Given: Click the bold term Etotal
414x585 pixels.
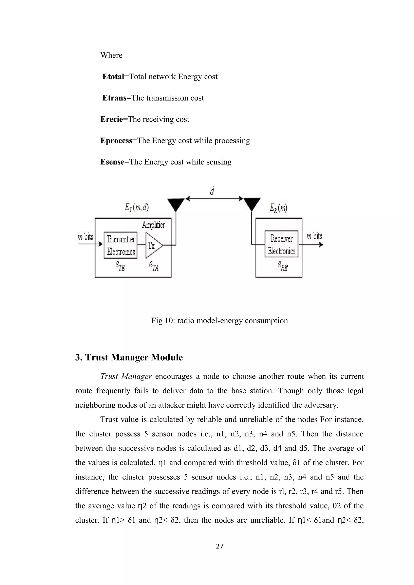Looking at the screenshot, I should point(113,77).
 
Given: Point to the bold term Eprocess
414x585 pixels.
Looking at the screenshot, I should point(116,141).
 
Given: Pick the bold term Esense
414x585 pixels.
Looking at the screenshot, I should point(112,162).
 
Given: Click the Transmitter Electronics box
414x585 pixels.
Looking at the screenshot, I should point(121,245).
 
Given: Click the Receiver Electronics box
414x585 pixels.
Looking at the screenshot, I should point(281,244).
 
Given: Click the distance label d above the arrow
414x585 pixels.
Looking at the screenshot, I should point(212,191).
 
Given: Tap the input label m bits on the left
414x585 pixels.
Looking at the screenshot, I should point(86,237).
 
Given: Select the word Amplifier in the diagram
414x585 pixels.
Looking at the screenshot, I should point(153,225).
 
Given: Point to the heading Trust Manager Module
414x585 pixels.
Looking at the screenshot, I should point(129,357).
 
